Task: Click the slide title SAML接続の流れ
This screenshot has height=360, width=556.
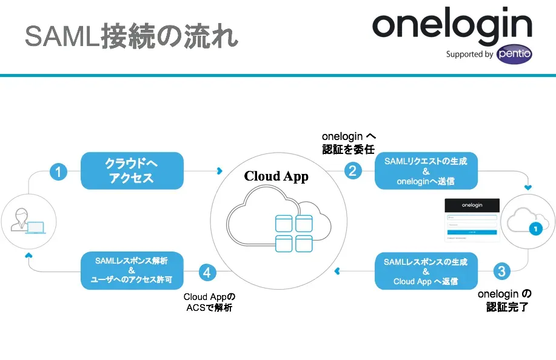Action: (131, 36)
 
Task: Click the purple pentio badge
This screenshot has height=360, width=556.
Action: (514, 54)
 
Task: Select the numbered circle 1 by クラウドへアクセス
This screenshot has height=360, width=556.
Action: (58, 172)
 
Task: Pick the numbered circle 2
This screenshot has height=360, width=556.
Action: (353, 171)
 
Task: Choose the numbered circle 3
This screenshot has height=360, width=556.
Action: (501, 271)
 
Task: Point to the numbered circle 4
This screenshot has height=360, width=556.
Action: (207, 272)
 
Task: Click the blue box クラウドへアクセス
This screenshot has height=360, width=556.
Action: (132, 170)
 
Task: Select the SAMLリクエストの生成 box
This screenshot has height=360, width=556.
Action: (426, 171)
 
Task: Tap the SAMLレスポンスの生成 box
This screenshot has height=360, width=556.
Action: (426, 271)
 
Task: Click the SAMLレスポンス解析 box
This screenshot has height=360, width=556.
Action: (132, 271)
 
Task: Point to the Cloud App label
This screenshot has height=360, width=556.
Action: (276, 176)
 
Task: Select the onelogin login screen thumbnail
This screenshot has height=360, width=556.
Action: (472, 220)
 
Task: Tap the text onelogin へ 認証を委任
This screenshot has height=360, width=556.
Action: (349, 143)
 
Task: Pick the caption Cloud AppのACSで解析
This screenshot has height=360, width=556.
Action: (209, 302)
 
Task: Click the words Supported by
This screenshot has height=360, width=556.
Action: (469, 55)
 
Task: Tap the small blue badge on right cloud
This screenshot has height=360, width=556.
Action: (534, 229)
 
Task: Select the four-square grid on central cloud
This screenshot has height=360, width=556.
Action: (294, 233)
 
